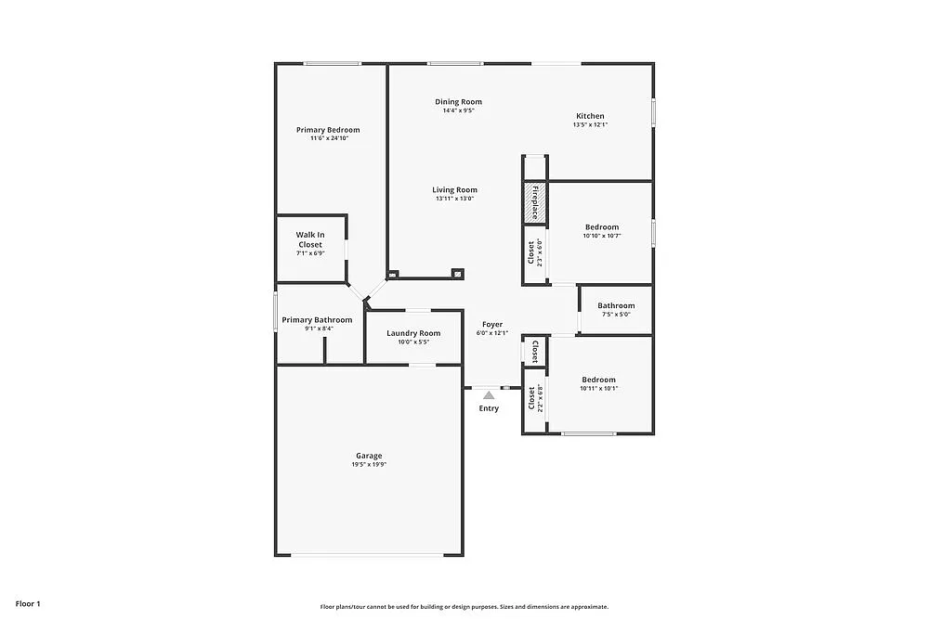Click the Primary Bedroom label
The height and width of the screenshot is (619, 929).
[328, 130]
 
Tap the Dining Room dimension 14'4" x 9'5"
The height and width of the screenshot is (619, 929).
[459, 110]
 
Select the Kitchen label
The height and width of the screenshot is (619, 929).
[590, 116]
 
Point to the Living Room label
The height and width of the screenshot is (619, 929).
[454, 190]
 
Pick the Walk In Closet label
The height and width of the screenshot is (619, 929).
[310, 239]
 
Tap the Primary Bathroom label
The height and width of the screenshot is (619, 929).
[317, 320]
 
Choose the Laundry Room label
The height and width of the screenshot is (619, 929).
[413, 333]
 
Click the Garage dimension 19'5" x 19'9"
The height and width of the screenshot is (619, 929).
[369, 465]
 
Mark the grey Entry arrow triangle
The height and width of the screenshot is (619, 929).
[489, 394]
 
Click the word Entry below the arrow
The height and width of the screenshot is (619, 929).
[489, 408]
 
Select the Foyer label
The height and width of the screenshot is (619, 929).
[492, 325]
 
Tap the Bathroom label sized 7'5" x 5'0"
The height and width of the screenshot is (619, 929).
[616, 306]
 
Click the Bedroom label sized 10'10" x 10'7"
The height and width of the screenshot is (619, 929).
[601, 227]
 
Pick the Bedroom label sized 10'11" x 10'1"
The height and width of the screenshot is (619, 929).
[598, 380]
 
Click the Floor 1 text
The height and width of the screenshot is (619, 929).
[28, 603]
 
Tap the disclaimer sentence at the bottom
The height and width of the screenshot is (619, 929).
[464, 606]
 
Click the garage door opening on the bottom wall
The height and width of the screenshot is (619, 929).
[369, 555]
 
